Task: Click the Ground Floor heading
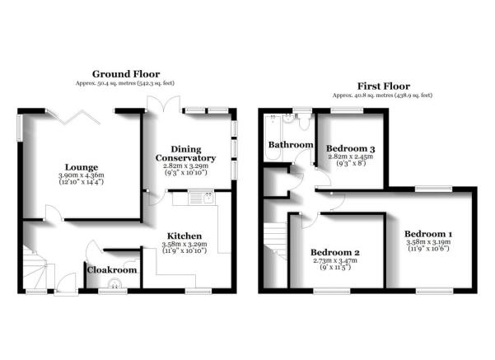[126, 74]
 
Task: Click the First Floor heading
[384, 86]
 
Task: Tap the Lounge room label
[82, 167]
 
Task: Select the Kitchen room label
[184, 236]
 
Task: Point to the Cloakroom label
[112, 270]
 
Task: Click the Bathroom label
[291, 145]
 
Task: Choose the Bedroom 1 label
[428, 234]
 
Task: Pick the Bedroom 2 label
[335, 252]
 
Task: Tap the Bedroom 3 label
[350, 148]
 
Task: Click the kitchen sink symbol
[201, 198]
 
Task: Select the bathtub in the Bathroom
[273, 137]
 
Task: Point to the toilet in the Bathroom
[304, 122]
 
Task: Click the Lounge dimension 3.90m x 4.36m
[82, 175]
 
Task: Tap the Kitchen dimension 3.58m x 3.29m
[184, 244]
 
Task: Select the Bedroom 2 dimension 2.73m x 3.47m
[335, 260]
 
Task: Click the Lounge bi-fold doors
[74, 116]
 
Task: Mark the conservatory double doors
[164, 103]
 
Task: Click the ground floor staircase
[35, 268]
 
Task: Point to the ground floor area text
[125, 83]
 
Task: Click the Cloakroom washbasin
[114, 283]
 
